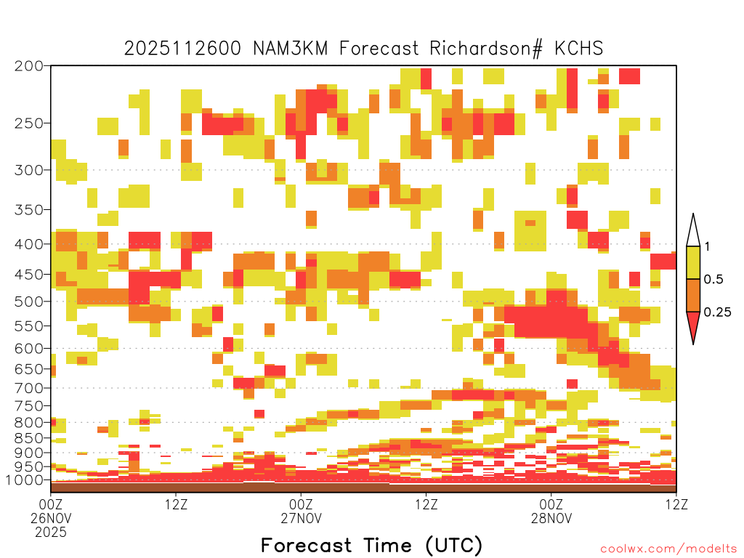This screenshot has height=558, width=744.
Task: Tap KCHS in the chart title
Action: coord(579,48)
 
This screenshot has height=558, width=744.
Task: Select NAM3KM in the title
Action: coord(291,48)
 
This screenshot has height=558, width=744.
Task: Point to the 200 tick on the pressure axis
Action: coord(29,66)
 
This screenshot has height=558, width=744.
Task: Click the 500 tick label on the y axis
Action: coord(29,302)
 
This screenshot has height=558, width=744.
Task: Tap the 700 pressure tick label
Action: coord(29,388)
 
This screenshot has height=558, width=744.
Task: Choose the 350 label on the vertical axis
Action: coord(29,210)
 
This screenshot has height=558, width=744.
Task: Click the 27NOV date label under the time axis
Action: coord(301,518)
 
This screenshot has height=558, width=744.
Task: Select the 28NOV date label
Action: coord(551,518)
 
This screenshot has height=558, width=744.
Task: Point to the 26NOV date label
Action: coord(51,518)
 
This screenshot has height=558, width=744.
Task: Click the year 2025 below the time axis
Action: coord(51,533)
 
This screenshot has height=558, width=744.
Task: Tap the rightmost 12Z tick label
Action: coord(676,504)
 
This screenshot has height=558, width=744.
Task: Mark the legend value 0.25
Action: coord(717,312)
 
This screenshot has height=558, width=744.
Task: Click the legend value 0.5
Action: coord(713,279)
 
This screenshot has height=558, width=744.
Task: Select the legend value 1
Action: coord(707,246)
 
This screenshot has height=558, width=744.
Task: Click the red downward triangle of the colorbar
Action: coord(693,325)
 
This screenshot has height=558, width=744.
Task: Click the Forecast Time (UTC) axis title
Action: coord(371,545)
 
